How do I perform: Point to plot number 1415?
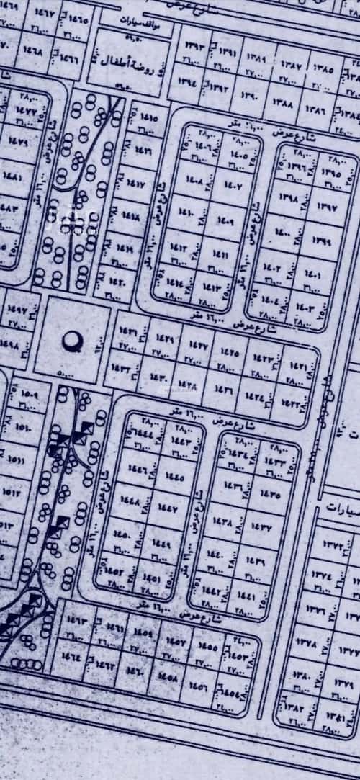[145, 116]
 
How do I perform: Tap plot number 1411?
[220, 256]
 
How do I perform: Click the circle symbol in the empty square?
[71, 341]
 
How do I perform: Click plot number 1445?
[174, 478]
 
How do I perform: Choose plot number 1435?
[271, 494]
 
